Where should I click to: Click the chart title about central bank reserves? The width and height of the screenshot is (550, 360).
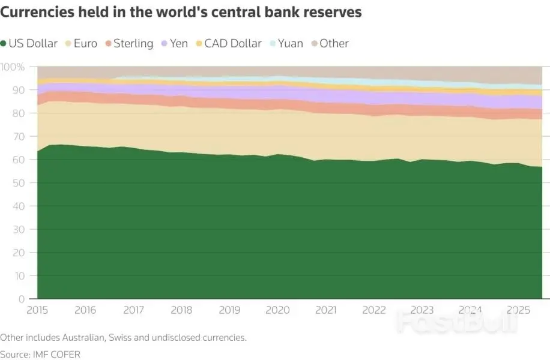tap(181, 12)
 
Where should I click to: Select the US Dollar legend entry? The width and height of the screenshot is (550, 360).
tap(29, 43)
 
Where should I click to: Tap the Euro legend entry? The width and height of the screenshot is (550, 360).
tap(82, 43)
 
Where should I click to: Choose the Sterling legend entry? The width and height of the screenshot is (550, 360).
tap(130, 43)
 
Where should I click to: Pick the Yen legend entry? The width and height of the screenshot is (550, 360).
tap(175, 43)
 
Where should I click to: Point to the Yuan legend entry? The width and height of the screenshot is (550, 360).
tap(286, 43)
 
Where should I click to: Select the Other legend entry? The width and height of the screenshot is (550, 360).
tap(330, 43)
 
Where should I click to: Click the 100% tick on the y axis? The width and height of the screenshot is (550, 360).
tap(13, 67)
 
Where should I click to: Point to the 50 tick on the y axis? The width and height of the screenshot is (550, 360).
tap(19, 183)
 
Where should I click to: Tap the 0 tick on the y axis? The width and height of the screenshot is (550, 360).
tap(22, 299)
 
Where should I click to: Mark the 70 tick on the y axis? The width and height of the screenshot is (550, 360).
tap(19, 136)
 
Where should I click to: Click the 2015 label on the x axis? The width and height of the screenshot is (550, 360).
tap(37, 310)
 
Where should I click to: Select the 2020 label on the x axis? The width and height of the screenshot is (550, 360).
tap(277, 310)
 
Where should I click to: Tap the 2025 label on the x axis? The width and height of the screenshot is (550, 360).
tap(518, 310)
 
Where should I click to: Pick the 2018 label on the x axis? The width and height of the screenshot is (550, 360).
tap(181, 310)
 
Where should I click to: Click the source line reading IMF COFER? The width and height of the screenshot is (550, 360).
tap(40, 355)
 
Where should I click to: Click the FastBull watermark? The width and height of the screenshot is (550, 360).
tap(457, 322)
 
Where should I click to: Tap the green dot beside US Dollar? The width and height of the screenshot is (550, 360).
tap(3, 44)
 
